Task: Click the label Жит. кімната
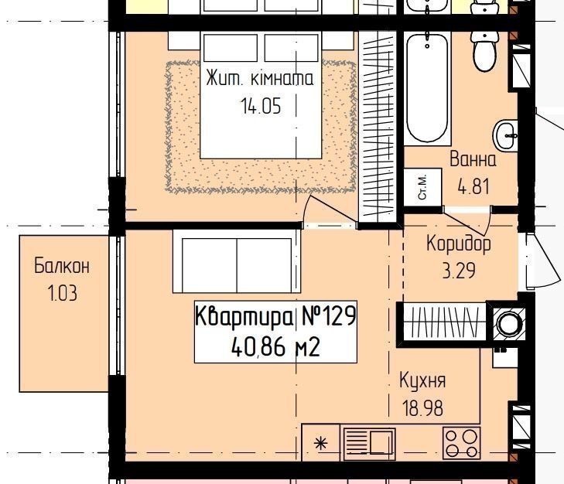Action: tap(260, 79)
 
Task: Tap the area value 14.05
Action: tap(261, 106)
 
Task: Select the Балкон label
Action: tap(62, 266)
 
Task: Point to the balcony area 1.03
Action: tap(62, 293)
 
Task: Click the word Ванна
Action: tap(473, 159)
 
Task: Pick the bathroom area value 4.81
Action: tap(473, 186)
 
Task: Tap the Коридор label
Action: tap(459, 244)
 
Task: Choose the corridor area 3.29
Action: tap(459, 271)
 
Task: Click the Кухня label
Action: tap(422, 381)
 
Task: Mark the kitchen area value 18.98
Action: tap(422, 408)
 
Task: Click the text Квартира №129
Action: tap(276, 316)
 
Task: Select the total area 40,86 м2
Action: tap(276, 347)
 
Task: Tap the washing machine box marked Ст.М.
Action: tap(422, 187)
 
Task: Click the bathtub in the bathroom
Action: tap(427, 88)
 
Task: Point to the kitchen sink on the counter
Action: tap(369, 443)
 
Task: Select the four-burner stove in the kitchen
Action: tap(462, 443)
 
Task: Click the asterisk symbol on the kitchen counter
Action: tap(321, 444)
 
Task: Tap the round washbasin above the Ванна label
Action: tap(506, 135)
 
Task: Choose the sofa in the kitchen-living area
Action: tap(237, 261)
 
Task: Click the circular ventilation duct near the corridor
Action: tap(508, 323)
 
